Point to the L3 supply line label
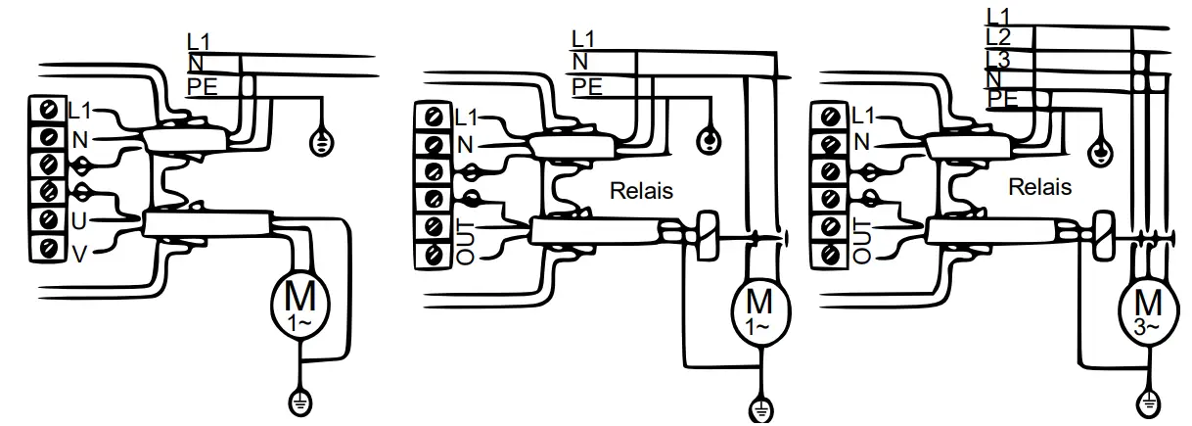point(999,60)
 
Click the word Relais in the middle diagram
point(641,191)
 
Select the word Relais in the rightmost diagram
point(1039,186)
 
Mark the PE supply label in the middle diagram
point(586,86)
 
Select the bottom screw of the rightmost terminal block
point(831,256)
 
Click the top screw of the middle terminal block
point(431,118)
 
